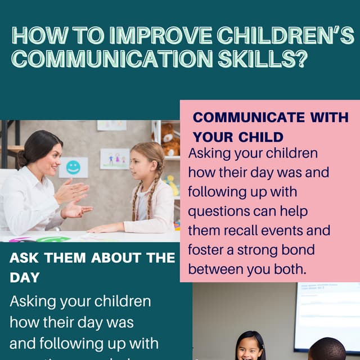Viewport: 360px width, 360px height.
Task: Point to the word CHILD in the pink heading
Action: click(262, 137)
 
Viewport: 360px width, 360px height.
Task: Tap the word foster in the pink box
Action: click(205, 249)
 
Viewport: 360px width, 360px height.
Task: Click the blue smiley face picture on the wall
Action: click(73, 167)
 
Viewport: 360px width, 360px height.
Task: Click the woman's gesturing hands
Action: click(73, 200)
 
